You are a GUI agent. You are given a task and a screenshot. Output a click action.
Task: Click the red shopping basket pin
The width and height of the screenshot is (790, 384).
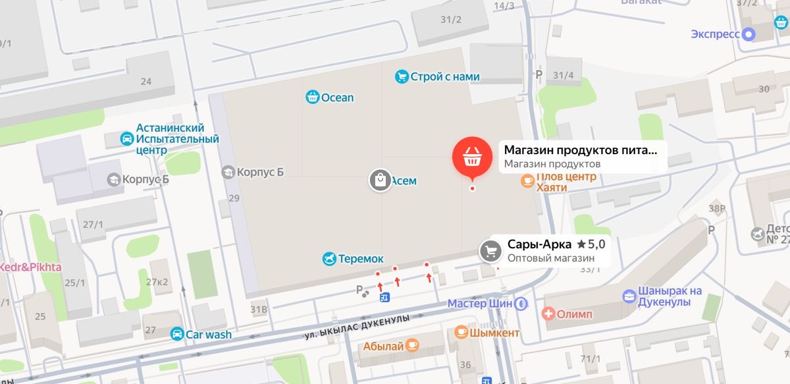pyautogui.click(x=471, y=157)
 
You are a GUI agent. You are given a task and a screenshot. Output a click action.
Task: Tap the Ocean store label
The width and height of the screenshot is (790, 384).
pyautogui.click(x=337, y=97)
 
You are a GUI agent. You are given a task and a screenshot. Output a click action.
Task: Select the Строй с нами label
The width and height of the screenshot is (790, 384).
pyautogui.click(x=444, y=76)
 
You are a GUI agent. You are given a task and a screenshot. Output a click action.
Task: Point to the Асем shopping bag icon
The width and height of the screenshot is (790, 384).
pyautogui.click(x=380, y=180)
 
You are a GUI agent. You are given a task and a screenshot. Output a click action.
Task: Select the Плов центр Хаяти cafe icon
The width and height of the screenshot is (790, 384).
pyautogui.click(x=527, y=180)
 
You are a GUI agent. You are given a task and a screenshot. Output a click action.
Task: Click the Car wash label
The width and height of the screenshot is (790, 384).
pyautogui.click(x=208, y=335)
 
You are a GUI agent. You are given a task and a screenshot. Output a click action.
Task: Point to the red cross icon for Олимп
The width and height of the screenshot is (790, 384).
pyautogui.click(x=548, y=314)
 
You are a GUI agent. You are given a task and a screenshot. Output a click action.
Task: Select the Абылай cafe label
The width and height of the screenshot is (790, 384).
pyautogui.click(x=383, y=344)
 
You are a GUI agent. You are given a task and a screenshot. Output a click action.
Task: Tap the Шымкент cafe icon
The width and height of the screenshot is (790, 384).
pyautogui.click(x=461, y=333)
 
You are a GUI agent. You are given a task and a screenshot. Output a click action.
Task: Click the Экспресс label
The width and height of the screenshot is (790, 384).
pyautogui.click(x=716, y=34)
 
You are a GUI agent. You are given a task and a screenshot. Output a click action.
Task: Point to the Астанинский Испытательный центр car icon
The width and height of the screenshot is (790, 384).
pyautogui.click(x=127, y=139)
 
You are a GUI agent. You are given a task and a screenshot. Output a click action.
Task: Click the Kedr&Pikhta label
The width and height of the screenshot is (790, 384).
pyautogui.click(x=30, y=267)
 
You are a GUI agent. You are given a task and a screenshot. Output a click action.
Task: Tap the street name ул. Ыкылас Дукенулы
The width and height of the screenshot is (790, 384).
pyautogui.click(x=357, y=327)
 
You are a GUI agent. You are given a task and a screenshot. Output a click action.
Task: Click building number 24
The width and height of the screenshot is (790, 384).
pyautogui.click(x=145, y=82)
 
